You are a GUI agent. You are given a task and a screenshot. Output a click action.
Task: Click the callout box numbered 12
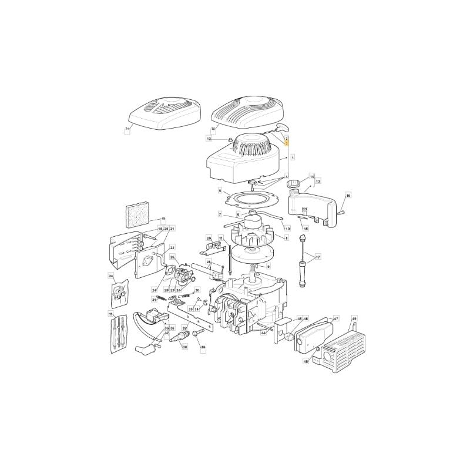pyautogui.click(x=209, y=139)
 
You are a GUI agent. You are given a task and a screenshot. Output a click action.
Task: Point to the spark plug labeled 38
pyautogui.click(x=177, y=336)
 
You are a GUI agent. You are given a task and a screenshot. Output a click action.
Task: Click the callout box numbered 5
pyautogui.click(x=220, y=191)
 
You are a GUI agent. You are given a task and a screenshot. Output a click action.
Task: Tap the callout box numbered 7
pyautogui.click(x=220, y=214)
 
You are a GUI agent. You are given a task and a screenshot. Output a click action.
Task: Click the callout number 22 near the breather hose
pyautogui.click(x=172, y=248)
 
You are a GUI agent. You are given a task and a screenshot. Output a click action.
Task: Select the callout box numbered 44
pyautogui.click(x=264, y=333)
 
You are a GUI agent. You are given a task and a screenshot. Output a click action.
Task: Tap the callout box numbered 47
pyautogui.click(x=336, y=318)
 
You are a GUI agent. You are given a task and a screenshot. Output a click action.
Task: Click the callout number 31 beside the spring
pyautogui.click(x=154, y=300)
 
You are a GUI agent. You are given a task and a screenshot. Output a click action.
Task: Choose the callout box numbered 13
pyautogui.click(x=318, y=182)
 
